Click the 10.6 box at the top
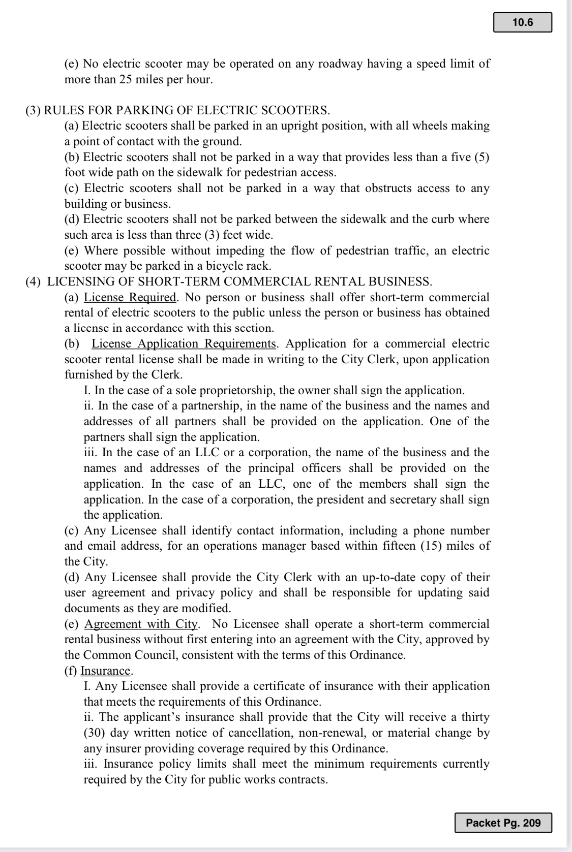[522, 22]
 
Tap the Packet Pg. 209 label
[503, 823]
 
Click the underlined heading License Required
[130, 297]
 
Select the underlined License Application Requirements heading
[184, 344]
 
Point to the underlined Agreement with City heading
[141, 624]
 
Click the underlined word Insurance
[105, 671]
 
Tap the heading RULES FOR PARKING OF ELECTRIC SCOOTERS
[187, 110]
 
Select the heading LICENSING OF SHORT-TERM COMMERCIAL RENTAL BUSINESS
[239, 281]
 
